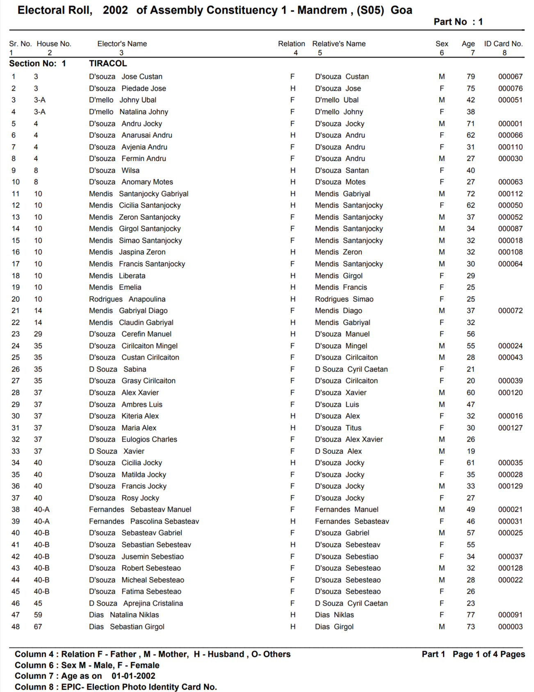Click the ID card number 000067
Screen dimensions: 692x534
coord(510,77)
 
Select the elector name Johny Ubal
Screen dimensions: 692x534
coord(138,100)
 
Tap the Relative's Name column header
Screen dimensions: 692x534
coord(339,44)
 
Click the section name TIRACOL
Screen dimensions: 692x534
coord(108,64)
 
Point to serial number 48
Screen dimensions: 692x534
coord(16,627)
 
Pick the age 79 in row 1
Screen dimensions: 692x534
coord(470,77)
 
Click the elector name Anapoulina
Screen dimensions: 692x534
coord(147,299)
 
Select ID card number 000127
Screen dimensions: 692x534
coord(510,428)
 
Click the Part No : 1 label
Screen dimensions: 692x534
coord(458,22)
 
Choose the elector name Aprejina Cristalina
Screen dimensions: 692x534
coord(153,603)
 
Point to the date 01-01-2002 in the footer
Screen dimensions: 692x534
coord(133,676)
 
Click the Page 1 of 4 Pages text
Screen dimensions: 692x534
coord(488,654)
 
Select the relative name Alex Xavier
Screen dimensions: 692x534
coord(364,439)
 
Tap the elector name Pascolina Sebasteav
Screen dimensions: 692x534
coord(164,521)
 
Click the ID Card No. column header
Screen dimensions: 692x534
coord(503,44)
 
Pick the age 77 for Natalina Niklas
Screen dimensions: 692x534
coord(470,615)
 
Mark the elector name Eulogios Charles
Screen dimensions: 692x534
coord(149,439)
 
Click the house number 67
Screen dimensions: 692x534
coord(38,627)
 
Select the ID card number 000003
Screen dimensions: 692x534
coord(510,627)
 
